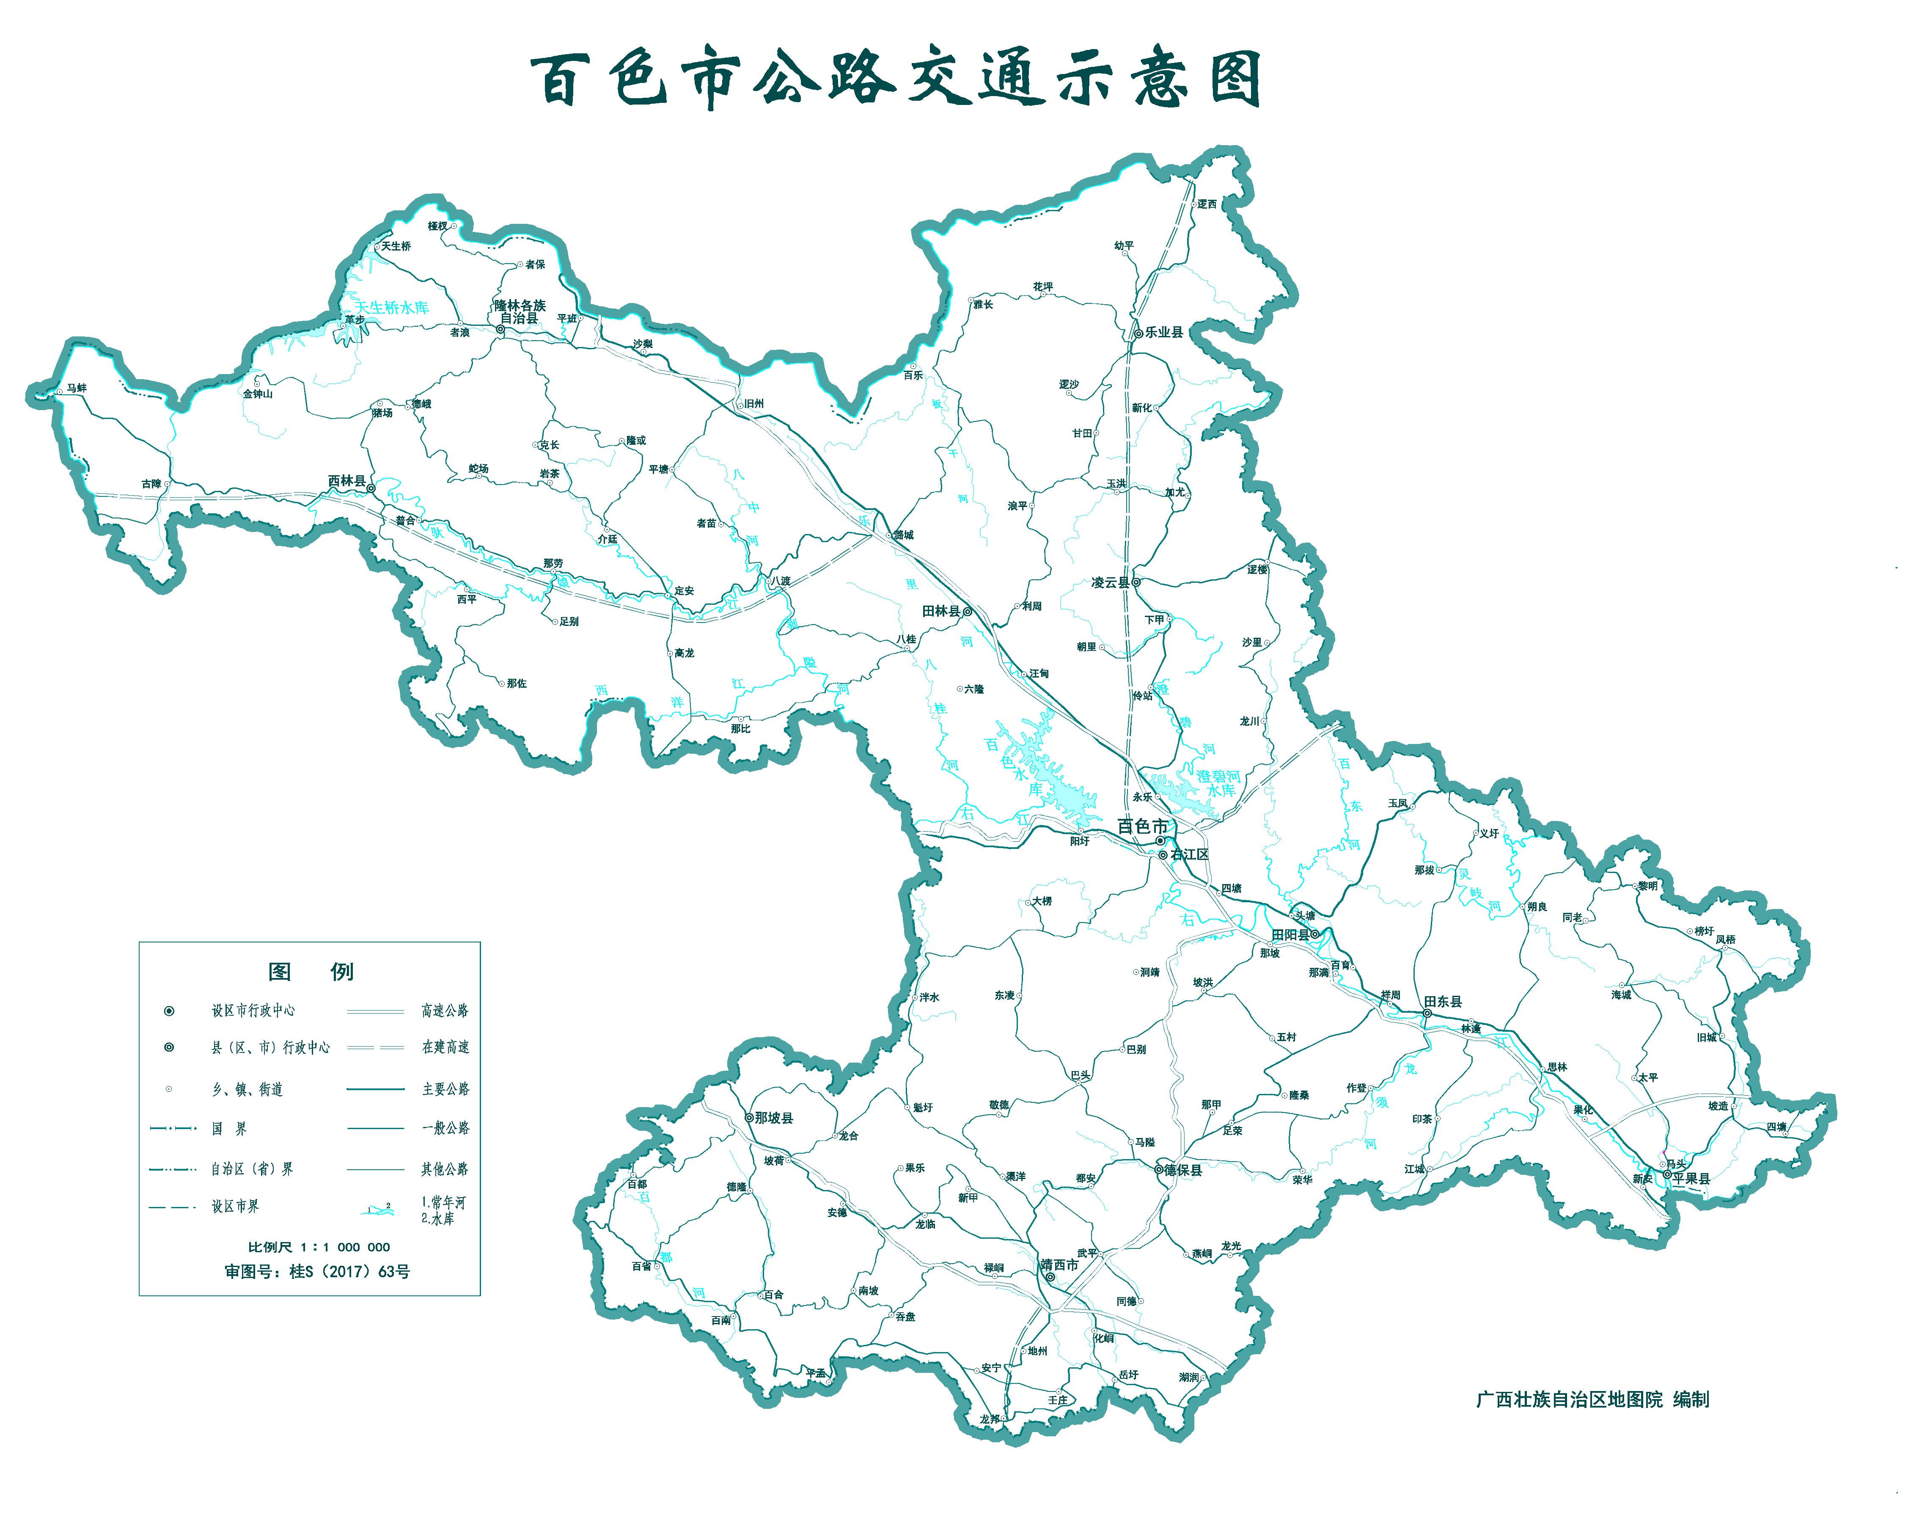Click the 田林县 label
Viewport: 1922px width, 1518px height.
pos(941,612)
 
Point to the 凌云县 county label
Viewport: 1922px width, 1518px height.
pos(1110,583)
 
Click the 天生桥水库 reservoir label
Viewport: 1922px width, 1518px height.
pos(392,308)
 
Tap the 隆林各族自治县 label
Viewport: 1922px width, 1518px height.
pos(520,312)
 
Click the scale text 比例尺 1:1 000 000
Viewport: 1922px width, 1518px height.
pos(319,1247)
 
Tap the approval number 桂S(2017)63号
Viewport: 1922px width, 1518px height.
pos(317,1272)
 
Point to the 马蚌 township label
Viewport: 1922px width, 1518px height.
pos(77,388)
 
